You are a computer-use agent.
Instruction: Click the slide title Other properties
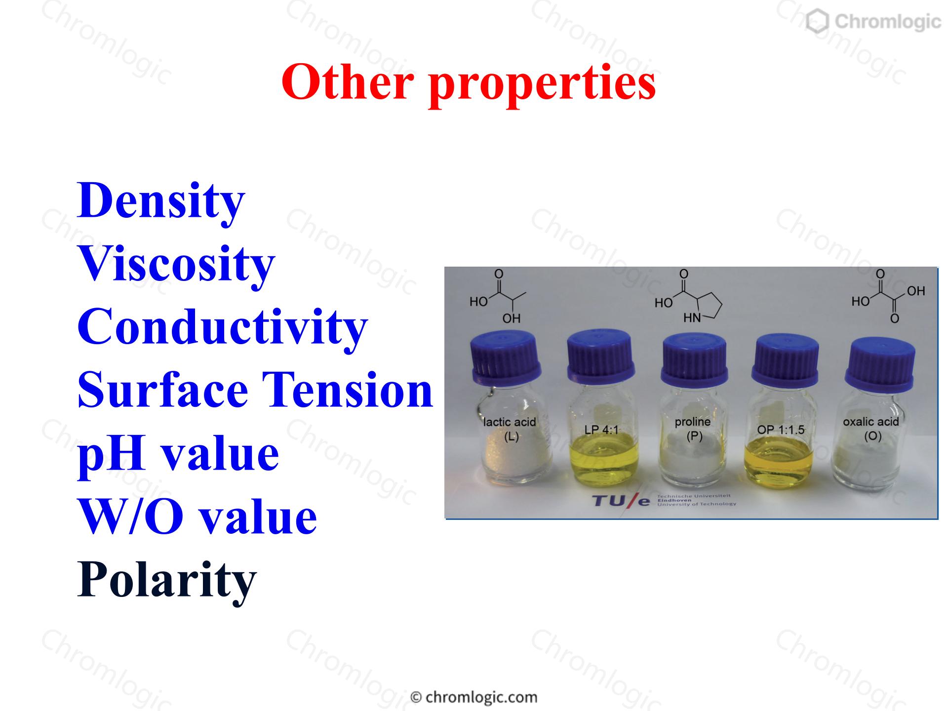[469, 82]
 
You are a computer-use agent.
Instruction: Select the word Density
[161, 202]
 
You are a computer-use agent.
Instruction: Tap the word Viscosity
[176, 265]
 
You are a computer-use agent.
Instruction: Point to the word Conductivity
[223, 327]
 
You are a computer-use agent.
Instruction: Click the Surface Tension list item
[255, 390]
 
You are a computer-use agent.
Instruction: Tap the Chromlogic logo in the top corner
[873, 22]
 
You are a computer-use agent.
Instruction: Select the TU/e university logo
[664, 501]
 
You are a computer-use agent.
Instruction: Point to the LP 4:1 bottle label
[601, 430]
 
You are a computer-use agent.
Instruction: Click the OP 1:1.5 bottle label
[781, 430]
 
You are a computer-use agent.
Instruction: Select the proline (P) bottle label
[693, 429]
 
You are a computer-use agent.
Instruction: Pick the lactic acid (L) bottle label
[510, 429]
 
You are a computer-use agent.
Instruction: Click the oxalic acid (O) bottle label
[871, 429]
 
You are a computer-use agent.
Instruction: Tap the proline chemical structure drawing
[688, 296]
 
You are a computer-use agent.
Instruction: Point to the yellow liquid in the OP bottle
[779, 459]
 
